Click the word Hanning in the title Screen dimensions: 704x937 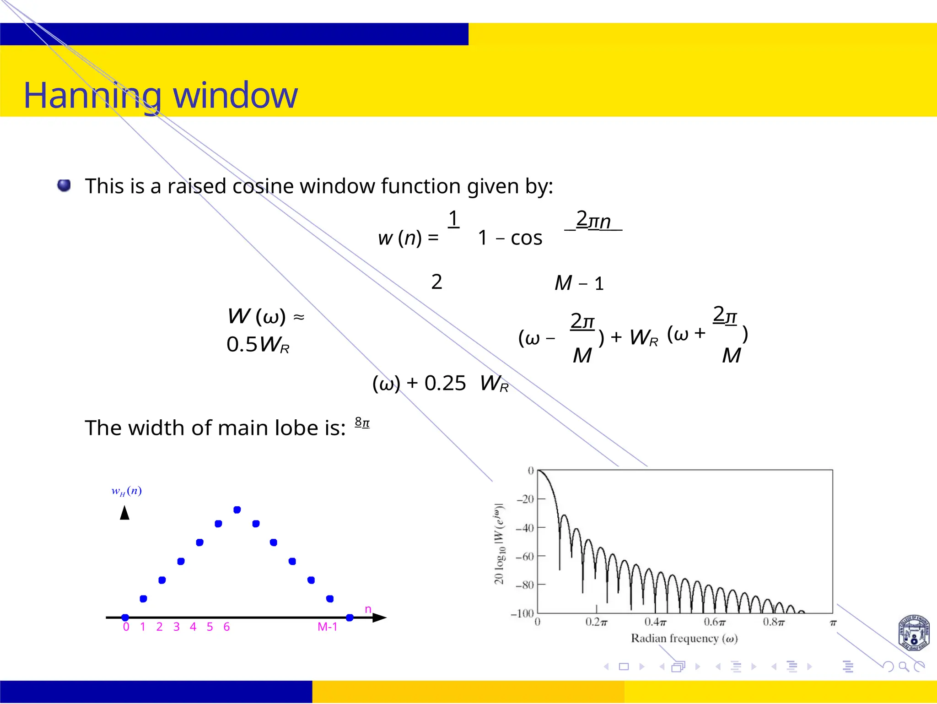pos(92,95)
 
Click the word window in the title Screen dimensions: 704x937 pos(235,95)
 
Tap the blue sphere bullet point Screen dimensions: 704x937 pos(64,185)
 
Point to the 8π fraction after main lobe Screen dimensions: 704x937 pos(362,422)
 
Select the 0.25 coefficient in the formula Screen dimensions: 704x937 pos(445,383)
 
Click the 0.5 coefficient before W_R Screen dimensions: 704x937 pos(242,345)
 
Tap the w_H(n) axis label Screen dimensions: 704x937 pos(127,491)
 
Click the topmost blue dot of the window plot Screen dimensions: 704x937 pos(237,510)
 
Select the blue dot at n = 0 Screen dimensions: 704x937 pos(125,617)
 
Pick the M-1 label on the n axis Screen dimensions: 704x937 pos(327,627)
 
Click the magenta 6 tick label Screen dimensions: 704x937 pos(226,627)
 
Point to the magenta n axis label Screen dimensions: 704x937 pos(368,609)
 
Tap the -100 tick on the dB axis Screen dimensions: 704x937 pos(522,613)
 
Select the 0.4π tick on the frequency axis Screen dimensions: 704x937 pos(655,623)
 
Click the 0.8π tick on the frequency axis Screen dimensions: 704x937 pos(773,623)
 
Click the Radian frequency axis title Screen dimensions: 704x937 pos(684,639)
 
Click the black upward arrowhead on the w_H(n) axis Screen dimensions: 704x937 pos(124,513)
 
